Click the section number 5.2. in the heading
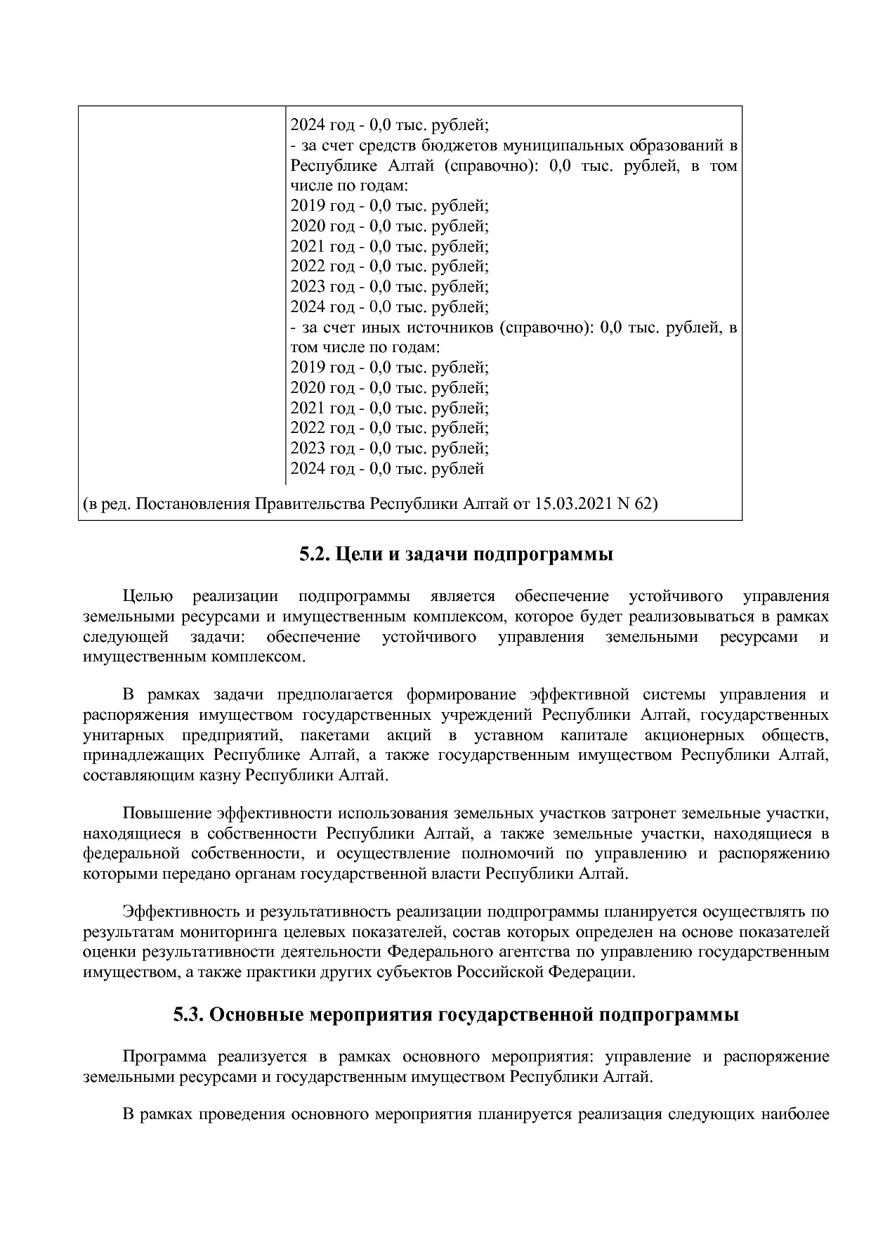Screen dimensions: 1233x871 tap(315, 555)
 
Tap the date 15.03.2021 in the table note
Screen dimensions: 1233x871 tap(573, 504)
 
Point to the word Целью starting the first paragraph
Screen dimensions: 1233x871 tap(148, 596)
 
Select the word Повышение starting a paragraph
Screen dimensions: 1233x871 tap(167, 813)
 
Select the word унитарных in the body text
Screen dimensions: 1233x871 tap(124, 735)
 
